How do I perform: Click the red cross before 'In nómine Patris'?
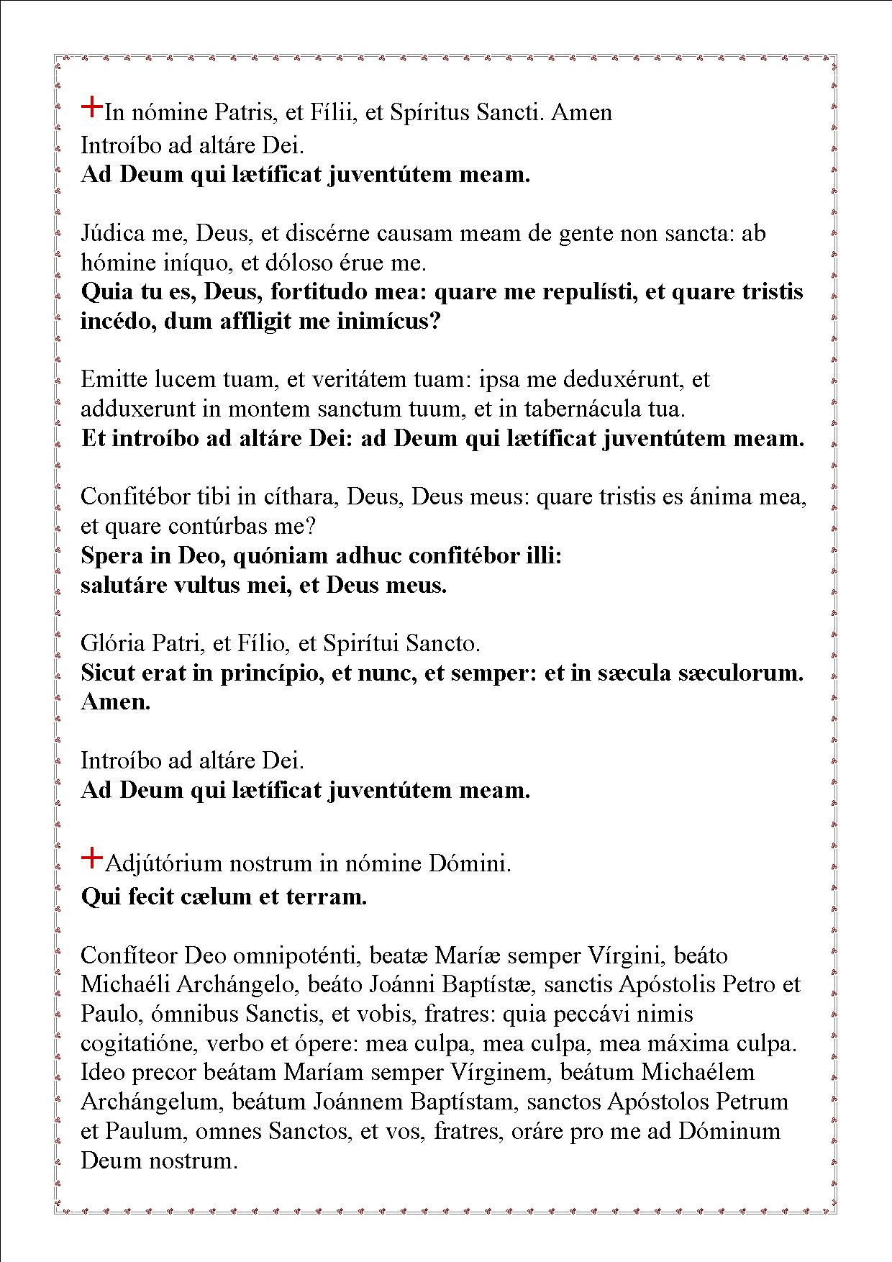click(x=92, y=107)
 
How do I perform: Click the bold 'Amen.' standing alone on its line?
click(x=116, y=702)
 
